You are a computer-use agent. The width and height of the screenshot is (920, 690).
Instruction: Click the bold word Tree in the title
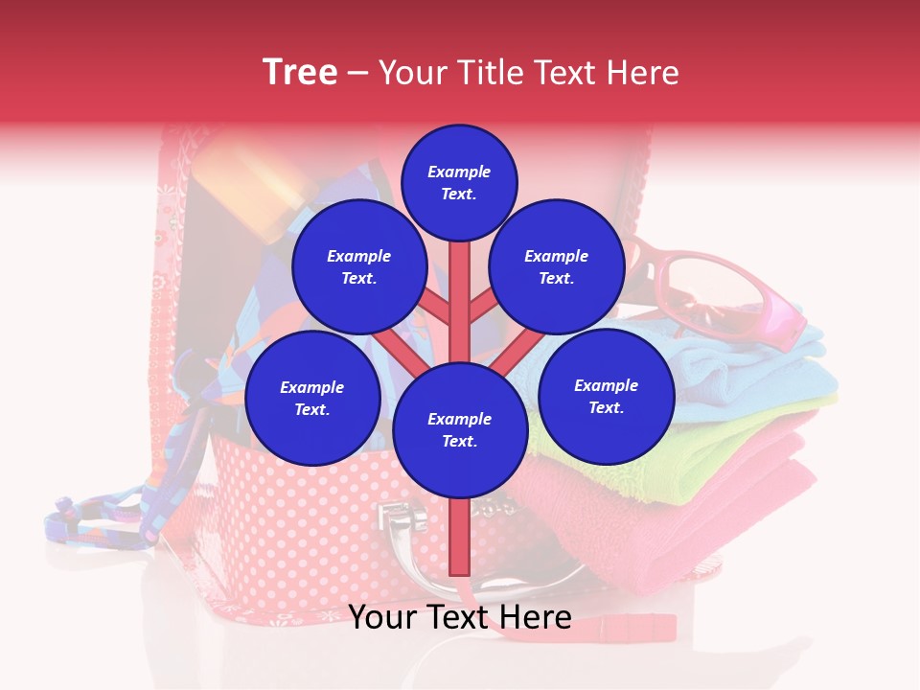pyautogui.click(x=300, y=73)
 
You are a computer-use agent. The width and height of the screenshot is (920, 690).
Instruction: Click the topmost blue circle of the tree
pyautogui.click(x=459, y=182)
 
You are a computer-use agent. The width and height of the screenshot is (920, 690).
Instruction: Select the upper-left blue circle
pyautogui.click(x=358, y=266)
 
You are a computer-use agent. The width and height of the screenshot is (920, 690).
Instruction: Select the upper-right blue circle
pyautogui.click(x=556, y=266)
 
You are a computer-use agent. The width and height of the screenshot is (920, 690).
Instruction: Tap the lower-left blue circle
pyautogui.click(x=311, y=399)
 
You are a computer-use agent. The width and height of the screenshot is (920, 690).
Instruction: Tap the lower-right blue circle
pyautogui.click(x=606, y=396)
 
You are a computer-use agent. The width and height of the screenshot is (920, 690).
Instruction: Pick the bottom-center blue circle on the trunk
pyautogui.click(x=459, y=430)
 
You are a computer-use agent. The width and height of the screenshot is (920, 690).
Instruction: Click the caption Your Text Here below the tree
pyautogui.click(x=459, y=617)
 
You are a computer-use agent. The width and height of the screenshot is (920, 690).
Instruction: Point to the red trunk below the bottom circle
pyautogui.click(x=459, y=537)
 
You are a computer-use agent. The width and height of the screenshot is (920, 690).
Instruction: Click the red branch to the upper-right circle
pyautogui.click(x=483, y=307)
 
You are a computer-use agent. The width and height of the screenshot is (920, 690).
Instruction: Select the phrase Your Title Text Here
pyautogui.click(x=529, y=73)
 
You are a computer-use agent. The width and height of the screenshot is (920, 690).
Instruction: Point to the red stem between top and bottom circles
pyautogui.click(x=460, y=297)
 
